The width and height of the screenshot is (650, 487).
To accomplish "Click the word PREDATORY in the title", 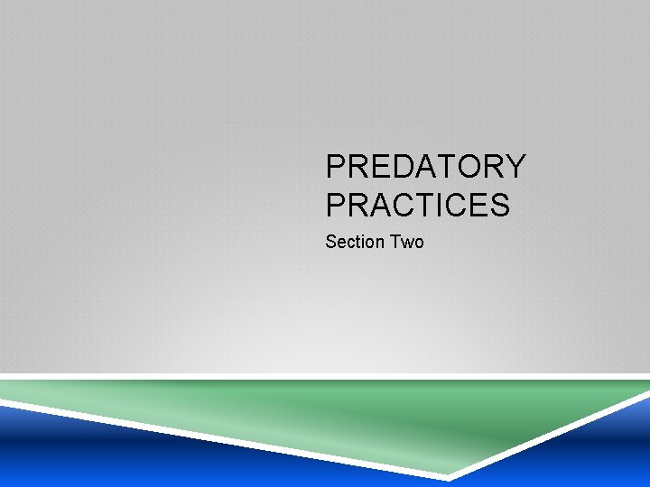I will pyautogui.click(x=425, y=167).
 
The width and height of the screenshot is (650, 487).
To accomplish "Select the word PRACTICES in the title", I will pyautogui.click(x=417, y=206).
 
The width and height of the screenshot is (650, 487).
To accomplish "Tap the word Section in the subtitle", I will pyautogui.click(x=355, y=242).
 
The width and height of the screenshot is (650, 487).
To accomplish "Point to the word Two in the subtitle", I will pyautogui.click(x=406, y=242).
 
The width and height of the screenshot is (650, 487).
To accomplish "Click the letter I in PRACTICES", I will pyautogui.click(x=436, y=206).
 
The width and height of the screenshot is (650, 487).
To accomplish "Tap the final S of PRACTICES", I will pyautogui.click(x=499, y=206).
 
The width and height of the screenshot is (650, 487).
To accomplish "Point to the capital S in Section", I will pyautogui.click(x=330, y=242).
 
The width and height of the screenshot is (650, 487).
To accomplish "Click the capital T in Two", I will pyautogui.click(x=395, y=242).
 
